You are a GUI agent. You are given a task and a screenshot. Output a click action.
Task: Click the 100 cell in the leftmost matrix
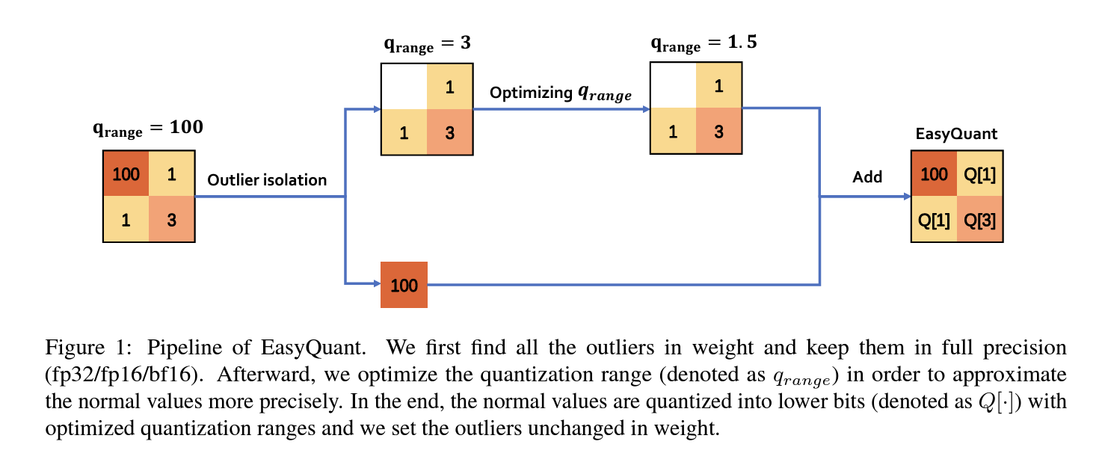pos(126,174)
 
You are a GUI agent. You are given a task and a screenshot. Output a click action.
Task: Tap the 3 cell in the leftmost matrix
pos(172,220)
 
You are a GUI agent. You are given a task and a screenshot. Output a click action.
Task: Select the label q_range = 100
pos(147,129)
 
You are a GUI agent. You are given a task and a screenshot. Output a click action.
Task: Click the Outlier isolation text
pos(267,180)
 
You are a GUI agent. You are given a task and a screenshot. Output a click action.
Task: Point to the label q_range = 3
pos(427,43)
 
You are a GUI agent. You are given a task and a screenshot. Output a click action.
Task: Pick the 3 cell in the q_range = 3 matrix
pos(449,133)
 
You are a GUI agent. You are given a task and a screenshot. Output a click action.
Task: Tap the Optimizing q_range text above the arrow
pos(560,93)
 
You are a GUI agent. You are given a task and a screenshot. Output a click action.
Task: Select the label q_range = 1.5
pos(704,43)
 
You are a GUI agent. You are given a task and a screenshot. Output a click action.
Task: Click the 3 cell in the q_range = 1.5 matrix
pos(718,132)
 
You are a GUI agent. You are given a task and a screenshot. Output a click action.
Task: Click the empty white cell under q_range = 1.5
pos(673,86)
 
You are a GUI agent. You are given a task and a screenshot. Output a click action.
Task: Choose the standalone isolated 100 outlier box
pos(404,285)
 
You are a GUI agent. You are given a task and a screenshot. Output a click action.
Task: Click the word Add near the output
pos(867,177)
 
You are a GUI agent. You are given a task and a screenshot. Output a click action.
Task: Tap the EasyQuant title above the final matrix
pos(956,135)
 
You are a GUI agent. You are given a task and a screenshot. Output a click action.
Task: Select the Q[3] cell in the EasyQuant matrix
pos(979,221)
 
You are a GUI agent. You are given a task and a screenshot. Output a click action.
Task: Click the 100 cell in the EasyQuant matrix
pos(933,174)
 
